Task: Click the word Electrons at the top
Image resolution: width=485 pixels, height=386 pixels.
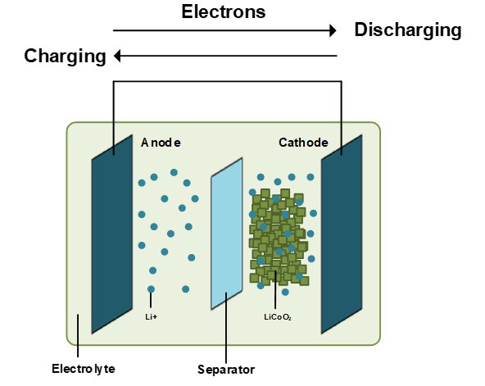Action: pyautogui.click(x=224, y=11)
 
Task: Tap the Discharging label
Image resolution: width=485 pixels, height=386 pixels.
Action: pyautogui.click(x=408, y=30)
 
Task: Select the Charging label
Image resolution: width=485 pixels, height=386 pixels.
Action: pyautogui.click(x=66, y=57)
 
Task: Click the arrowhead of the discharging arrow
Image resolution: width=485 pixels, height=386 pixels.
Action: pyautogui.click(x=333, y=30)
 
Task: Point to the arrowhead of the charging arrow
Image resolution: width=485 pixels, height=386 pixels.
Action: pyautogui.click(x=117, y=56)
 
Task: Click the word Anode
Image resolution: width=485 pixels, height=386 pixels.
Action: pyautogui.click(x=161, y=143)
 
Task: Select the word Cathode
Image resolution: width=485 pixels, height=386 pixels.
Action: pyautogui.click(x=303, y=143)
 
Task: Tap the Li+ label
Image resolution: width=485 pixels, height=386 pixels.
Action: pyautogui.click(x=152, y=317)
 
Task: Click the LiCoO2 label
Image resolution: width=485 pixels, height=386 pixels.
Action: pyautogui.click(x=278, y=317)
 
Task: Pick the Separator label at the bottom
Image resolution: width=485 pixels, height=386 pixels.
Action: pyautogui.click(x=226, y=370)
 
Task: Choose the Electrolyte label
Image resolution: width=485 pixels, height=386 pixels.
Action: pyautogui.click(x=84, y=369)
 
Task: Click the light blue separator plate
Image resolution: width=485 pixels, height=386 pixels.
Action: pyautogui.click(x=227, y=234)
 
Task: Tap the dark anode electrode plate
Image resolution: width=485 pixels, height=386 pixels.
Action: pyautogui.click(x=112, y=234)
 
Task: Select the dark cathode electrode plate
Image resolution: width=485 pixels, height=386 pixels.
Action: pyautogui.click(x=342, y=234)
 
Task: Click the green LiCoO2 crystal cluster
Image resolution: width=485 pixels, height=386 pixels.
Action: pyautogui.click(x=279, y=237)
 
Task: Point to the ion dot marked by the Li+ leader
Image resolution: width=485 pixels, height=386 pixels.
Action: pyautogui.click(x=151, y=289)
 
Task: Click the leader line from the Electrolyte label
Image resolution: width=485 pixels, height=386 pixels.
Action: pyautogui.click(x=78, y=335)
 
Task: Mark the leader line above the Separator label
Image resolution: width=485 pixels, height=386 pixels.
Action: pyautogui.click(x=226, y=328)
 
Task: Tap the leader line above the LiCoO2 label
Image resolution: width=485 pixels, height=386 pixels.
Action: pyautogui.click(x=275, y=290)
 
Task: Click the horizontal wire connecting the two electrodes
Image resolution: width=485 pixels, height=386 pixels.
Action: pyautogui.click(x=228, y=81)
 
